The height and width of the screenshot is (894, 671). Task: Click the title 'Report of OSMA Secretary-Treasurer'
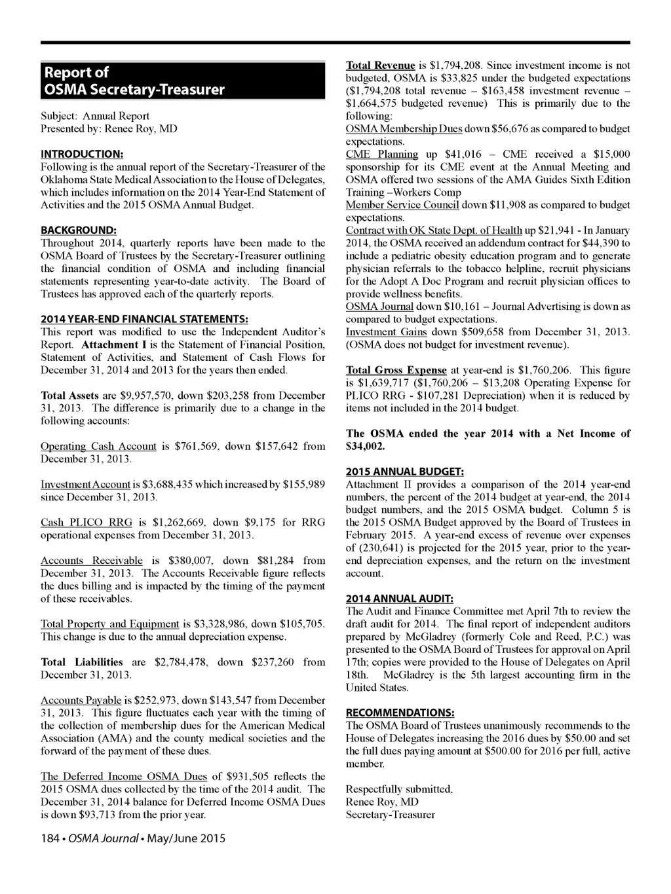133,81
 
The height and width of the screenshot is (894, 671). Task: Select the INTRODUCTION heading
82,154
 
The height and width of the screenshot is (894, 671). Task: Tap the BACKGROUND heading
79,230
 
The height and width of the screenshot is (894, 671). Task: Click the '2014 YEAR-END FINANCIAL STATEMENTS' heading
144,319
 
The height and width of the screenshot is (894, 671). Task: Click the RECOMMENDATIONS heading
400,713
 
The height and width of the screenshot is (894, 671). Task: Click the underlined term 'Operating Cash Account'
98,446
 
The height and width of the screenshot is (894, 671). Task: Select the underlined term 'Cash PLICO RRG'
86,523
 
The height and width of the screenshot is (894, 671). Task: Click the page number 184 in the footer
50,838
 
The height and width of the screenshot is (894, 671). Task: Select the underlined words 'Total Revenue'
380,65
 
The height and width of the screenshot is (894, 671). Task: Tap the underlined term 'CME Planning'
381,154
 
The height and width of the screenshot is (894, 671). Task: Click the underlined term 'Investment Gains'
386,332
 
